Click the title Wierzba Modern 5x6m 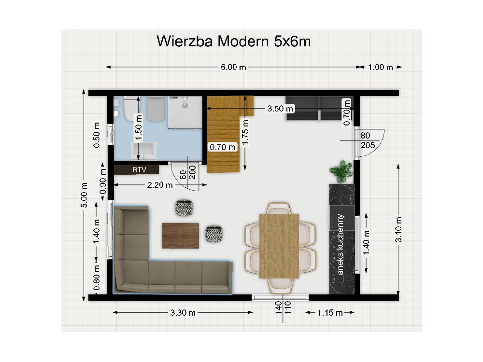click(234, 42)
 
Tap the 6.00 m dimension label click(233, 67)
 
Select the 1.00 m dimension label click(381, 67)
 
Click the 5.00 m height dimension click(85, 195)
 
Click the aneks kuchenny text click(341, 244)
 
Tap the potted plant click(341, 171)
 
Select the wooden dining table click(279, 246)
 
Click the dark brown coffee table click(181, 236)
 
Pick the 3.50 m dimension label click(281, 109)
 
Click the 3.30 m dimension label click(183, 313)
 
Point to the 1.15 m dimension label click(330, 313)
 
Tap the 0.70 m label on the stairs click(222, 147)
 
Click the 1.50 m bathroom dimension click(139, 127)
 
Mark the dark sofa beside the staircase click(319, 109)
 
